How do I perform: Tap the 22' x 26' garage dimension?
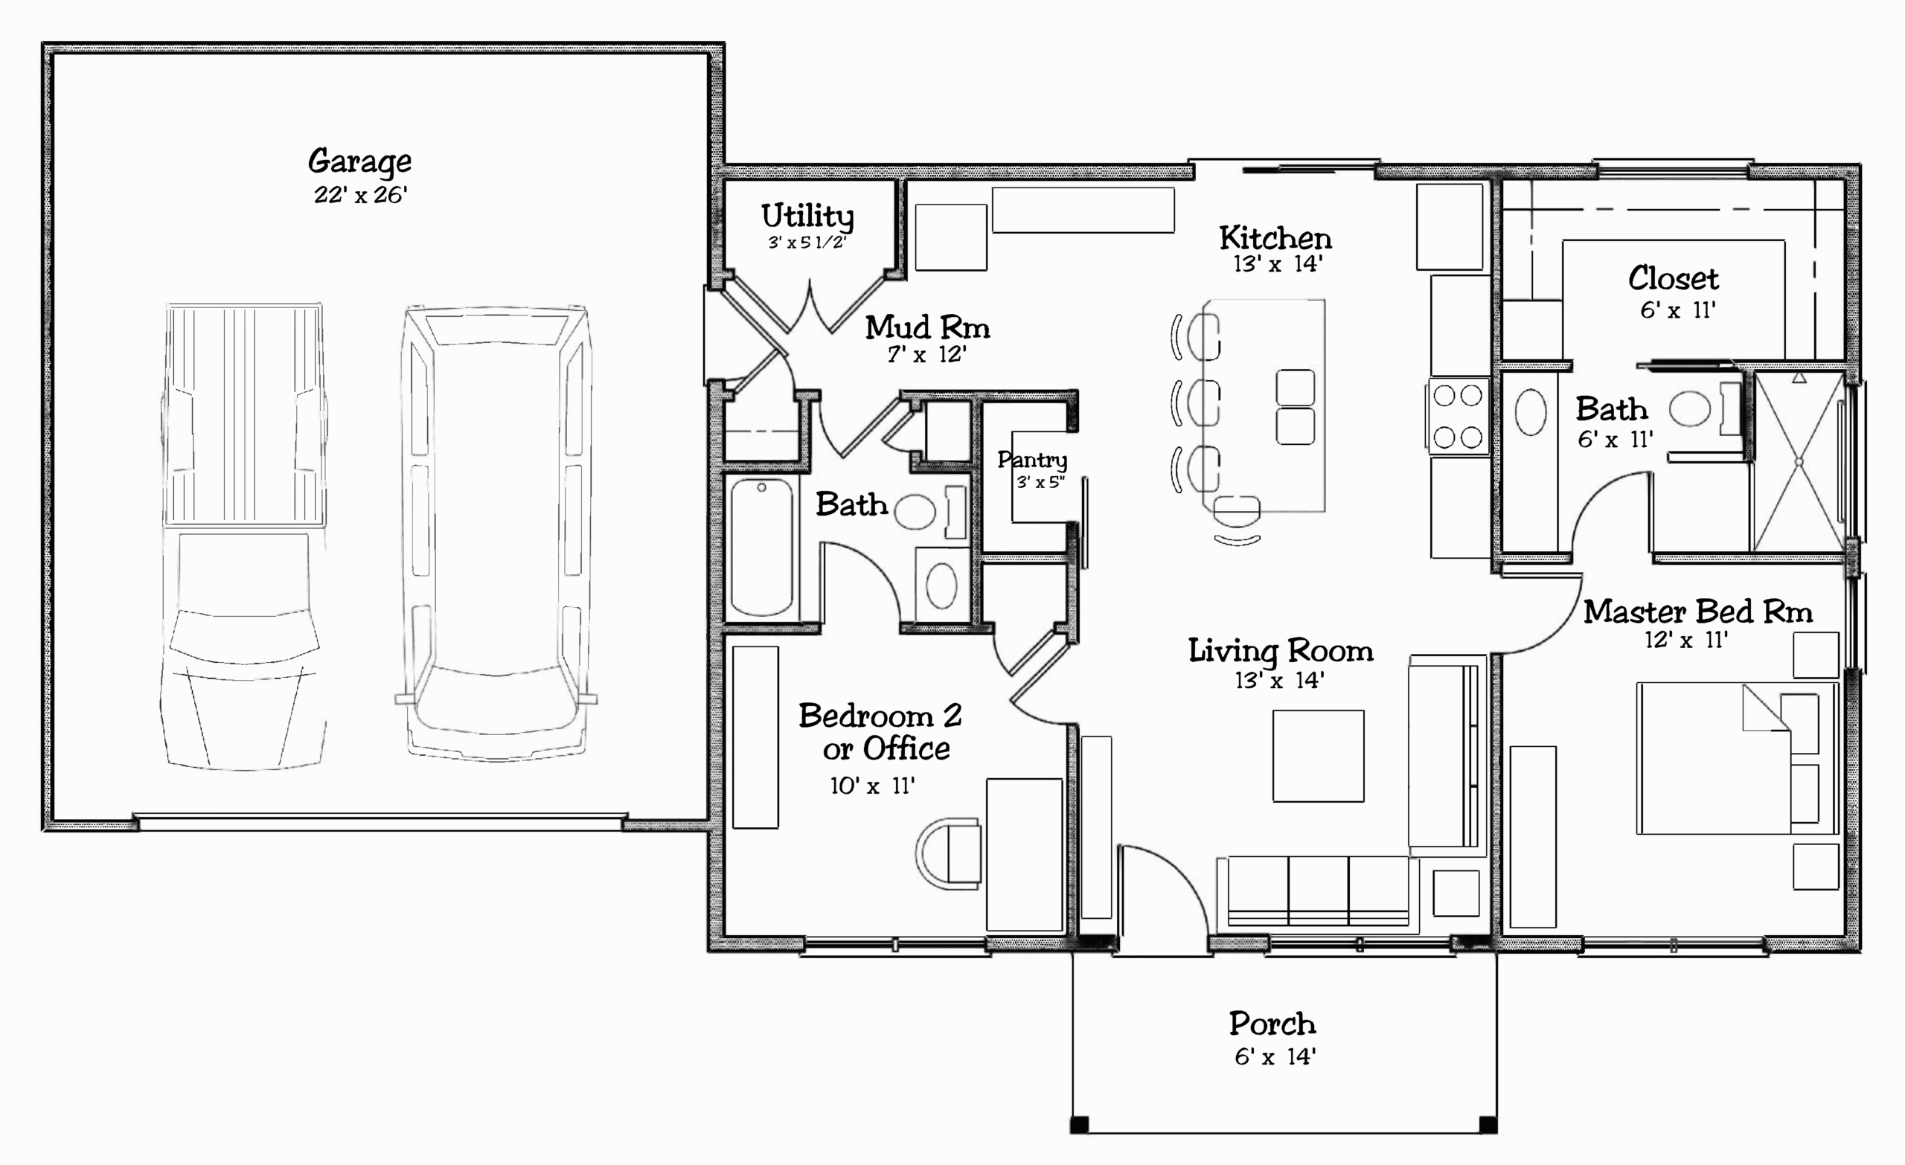coord(360,195)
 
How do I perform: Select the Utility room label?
coord(807,216)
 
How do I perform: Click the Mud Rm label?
coord(927,328)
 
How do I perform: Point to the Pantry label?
coord(1032,460)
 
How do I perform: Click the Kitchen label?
coord(1275,238)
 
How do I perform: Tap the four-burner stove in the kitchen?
coord(1458,416)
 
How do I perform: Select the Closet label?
coord(1673,278)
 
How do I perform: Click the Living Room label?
coord(1281,651)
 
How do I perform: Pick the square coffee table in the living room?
coord(1318,756)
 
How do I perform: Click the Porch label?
coord(1272,1024)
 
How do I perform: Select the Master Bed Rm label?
coord(1698,612)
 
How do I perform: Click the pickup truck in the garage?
coord(244,536)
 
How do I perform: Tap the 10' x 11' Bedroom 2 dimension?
coord(872,786)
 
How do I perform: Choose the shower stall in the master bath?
coord(1799,461)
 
